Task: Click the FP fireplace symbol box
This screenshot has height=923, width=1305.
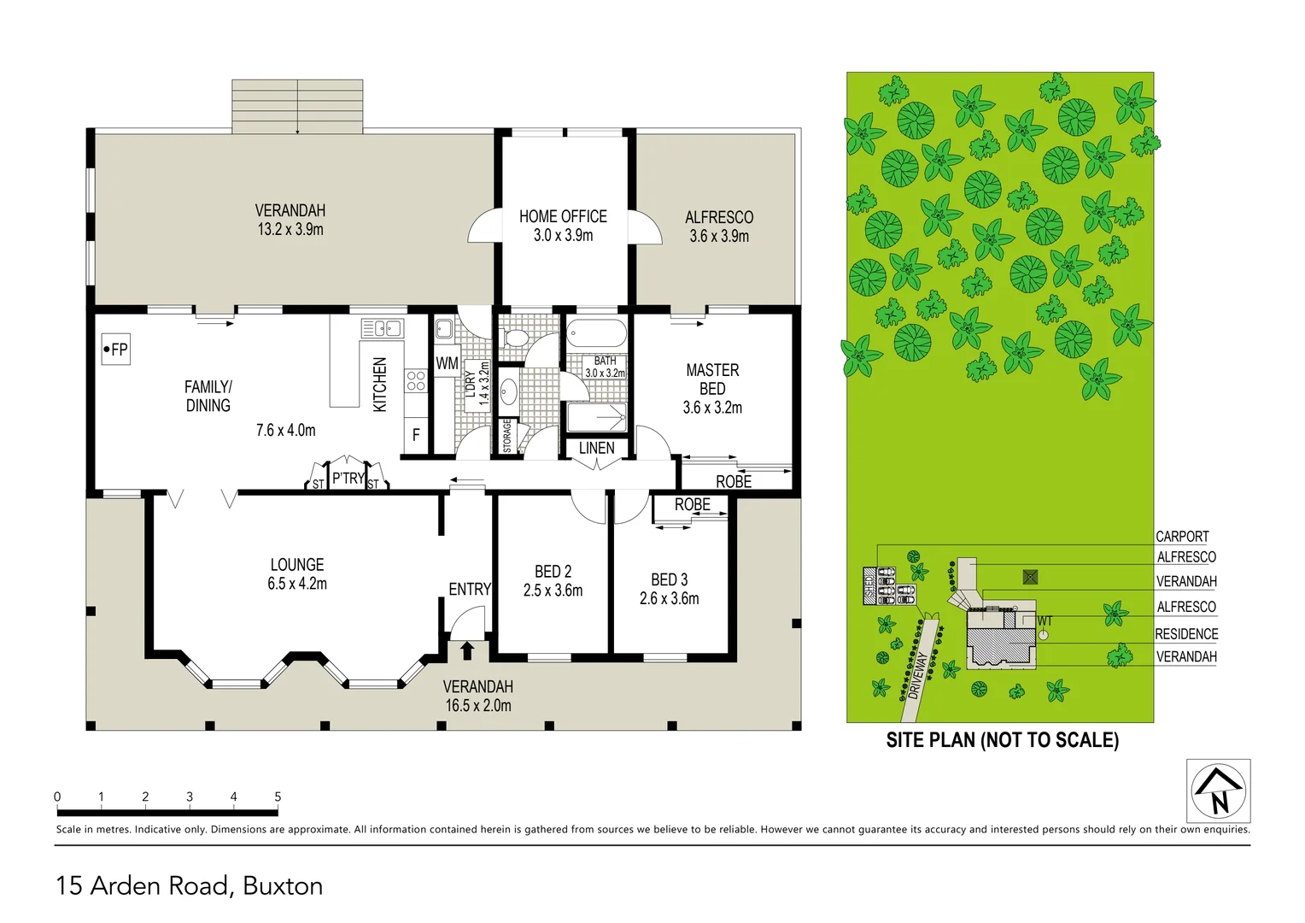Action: tap(116, 349)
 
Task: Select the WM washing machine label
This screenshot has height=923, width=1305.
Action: tap(447, 363)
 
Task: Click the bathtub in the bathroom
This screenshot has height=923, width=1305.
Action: tap(596, 333)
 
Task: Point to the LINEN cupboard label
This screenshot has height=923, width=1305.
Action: tap(596, 448)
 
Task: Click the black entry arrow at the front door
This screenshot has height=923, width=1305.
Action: tap(466, 650)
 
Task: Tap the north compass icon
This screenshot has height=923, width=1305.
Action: tap(1218, 791)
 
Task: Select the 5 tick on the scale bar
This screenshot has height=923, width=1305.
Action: tap(278, 797)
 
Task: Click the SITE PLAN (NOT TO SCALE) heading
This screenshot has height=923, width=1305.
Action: tap(1002, 740)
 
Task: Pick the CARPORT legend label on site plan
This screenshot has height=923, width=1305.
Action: tap(1182, 537)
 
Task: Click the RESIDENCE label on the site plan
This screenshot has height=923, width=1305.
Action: tap(1186, 634)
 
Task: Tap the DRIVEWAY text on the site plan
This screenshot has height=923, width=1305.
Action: tap(918, 676)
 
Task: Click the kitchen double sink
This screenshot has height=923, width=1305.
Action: tap(382, 328)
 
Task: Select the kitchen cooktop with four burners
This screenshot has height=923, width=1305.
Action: tap(416, 381)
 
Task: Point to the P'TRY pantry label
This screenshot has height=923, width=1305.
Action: tap(348, 479)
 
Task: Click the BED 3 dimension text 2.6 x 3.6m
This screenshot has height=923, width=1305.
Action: tap(669, 599)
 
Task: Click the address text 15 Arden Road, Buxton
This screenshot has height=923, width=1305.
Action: tap(190, 885)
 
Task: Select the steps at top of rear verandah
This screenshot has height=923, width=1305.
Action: tap(297, 107)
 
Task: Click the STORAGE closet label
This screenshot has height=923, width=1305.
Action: tap(507, 435)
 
